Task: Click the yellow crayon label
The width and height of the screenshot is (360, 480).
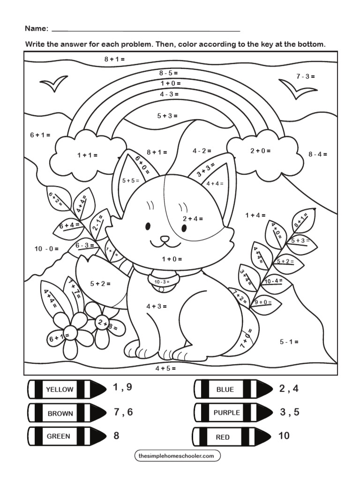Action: click(60, 389)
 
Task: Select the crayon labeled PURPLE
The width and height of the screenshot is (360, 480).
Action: click(227, 412)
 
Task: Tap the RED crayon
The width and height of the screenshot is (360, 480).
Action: click(223, 437)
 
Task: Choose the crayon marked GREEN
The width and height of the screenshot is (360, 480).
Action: click(59, 436)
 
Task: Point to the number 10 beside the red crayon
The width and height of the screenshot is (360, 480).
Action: click(284, 436)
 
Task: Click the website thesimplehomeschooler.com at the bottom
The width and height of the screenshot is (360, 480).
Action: click(177, 455)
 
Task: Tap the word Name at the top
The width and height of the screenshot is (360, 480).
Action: click(36, 29)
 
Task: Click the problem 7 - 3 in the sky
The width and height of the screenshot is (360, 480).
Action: click(305, 76)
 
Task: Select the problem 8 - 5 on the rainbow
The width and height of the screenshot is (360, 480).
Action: click(168, 73)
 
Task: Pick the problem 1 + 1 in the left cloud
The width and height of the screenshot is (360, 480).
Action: click(87, 155)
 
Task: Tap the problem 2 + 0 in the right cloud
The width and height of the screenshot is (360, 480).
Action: click(260, 151)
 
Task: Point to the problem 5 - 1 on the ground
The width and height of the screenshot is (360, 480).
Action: click(289, 342)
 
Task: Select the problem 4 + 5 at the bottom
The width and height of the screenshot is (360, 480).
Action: click(165, 368)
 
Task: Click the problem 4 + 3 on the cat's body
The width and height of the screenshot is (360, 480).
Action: click(157, 306)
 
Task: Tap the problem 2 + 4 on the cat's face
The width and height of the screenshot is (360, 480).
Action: click(193, 218)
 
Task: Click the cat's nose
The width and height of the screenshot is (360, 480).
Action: click(164, 239)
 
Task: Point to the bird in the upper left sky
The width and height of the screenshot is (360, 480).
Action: click(53, 84)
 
